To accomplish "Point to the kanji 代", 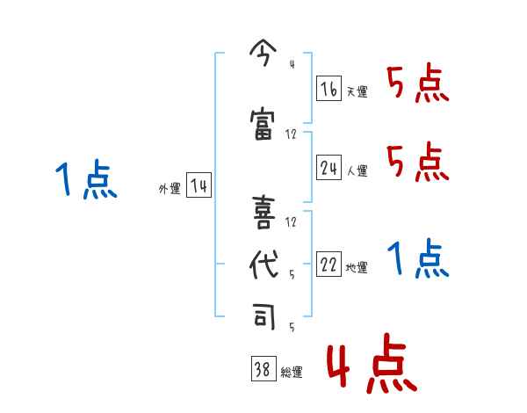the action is click(262, 266).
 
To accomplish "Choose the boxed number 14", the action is click(199, 185).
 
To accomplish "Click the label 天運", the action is click(357, 91).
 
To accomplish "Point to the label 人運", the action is click(357, 170).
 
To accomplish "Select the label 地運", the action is click(357, 268).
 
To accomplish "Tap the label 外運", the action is click(169, 189).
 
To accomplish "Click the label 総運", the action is click(292, 373).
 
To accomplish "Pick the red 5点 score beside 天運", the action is click(417, 85).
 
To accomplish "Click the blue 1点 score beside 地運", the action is click(417, 259).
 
